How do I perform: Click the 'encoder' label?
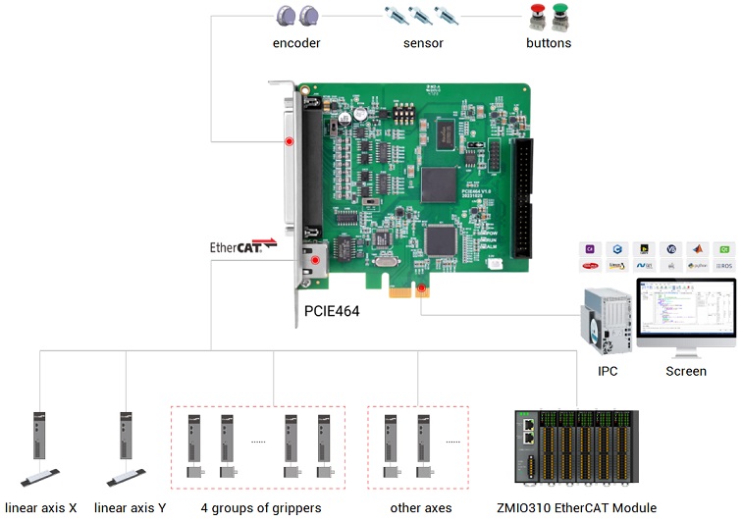click(296, 43)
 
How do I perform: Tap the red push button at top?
click(536, 17)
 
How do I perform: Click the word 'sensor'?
click(423, 43)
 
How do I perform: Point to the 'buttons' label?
click(549, 43)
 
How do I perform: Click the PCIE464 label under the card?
click(332, 312)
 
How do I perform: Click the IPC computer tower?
click(607, 320)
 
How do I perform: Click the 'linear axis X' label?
click(40, 508)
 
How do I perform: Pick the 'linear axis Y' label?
click(131, 508)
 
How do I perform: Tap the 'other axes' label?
click(421, 508)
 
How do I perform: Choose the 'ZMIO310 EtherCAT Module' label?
click(577, 508)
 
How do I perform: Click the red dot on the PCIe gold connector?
click(421, 288)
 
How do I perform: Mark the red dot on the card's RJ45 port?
click(314, 261)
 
